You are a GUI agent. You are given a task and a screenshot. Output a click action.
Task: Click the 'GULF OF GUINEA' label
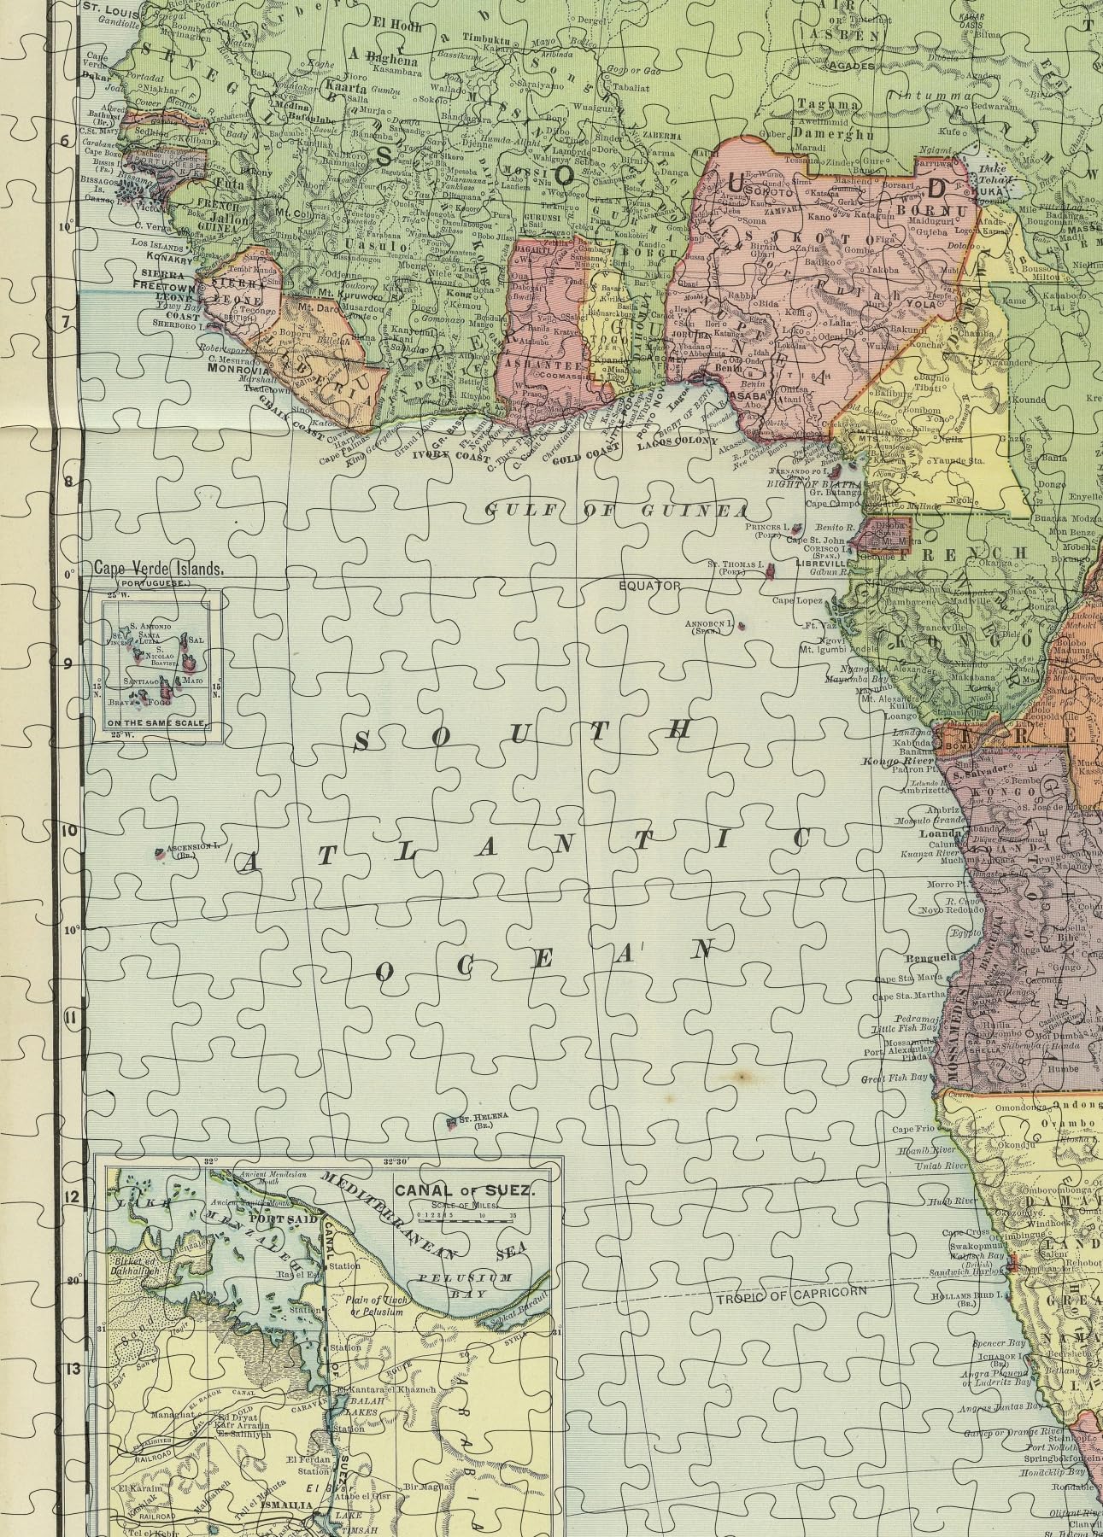point(616,510)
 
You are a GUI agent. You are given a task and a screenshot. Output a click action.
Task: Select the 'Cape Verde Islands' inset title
point(160,568)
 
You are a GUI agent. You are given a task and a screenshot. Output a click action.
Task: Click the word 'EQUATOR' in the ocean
point(650,586)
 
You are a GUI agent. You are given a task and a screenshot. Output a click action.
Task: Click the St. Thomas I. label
point(732,564)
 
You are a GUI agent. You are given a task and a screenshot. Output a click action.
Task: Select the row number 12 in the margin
point(70,1197)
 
